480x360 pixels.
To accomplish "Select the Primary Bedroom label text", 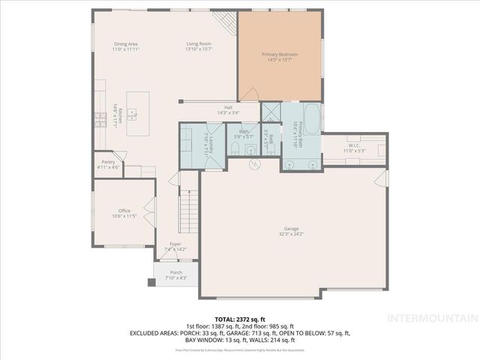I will [280, 55].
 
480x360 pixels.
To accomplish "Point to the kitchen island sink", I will [132, 115].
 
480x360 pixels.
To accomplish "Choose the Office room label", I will [124, 211].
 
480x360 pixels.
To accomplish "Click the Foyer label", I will [175, 244].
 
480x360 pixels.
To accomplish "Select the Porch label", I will [175, 272].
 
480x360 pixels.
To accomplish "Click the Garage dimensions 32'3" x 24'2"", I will [293, 234].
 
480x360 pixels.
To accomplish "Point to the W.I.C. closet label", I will [355, 145].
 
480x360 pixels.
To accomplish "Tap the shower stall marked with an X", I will [270, 112].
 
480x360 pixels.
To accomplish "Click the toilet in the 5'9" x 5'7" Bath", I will [235, 150].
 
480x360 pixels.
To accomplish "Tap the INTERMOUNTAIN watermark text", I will [439, 319].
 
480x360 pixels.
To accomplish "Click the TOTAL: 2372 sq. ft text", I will [240, 319].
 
